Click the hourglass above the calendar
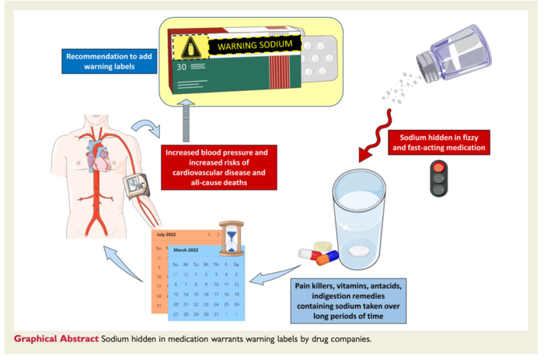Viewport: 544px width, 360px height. pyautogui.click(x=231, y=237)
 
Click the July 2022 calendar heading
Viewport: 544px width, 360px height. pyautogui.click(x=167, y=234)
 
